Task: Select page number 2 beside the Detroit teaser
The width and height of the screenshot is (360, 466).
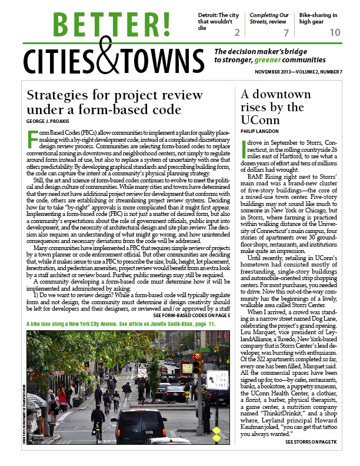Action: click(x=236, y=32)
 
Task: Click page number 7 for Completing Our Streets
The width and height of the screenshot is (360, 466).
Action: click(x=286, y=32)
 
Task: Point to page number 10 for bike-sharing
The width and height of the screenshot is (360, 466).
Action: click(x=334, y=32)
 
